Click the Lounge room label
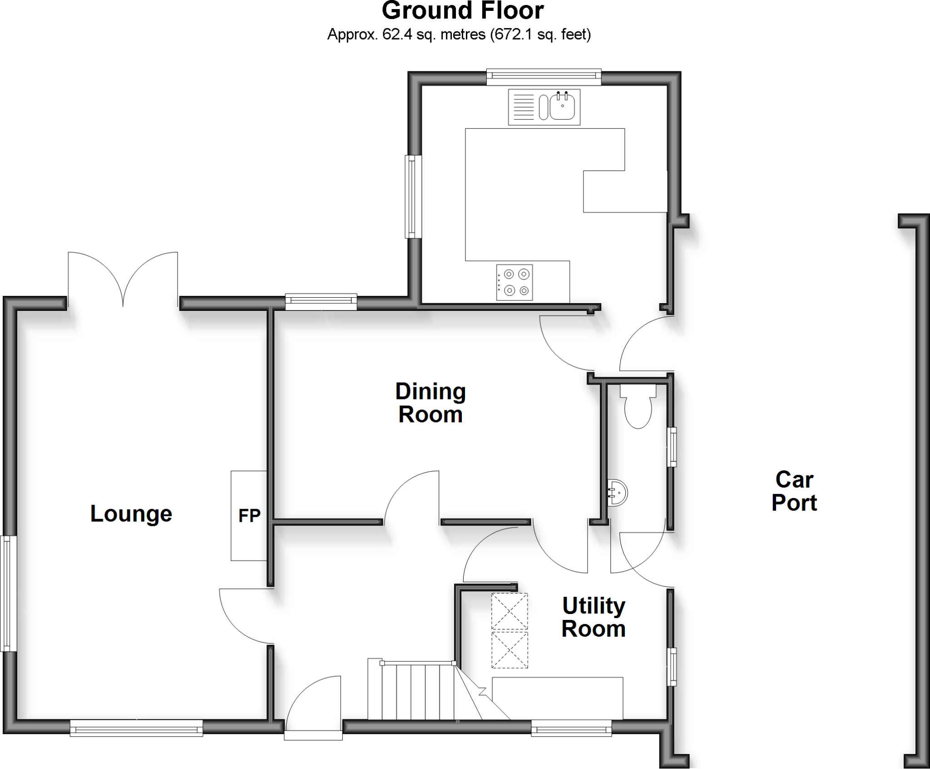[x=131, y=514]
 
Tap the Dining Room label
[x=430, y=403]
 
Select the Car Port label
[x=794, y=491]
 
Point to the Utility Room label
[x=594, y=617]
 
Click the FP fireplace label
[x=249, y=516]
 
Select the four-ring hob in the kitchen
[x=514, y=282]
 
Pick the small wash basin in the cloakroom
[x=618, y=492]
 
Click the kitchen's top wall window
[x=544, y=76]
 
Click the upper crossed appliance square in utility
[x=510, y=611]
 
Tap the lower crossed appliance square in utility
[x=510, y=650]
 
